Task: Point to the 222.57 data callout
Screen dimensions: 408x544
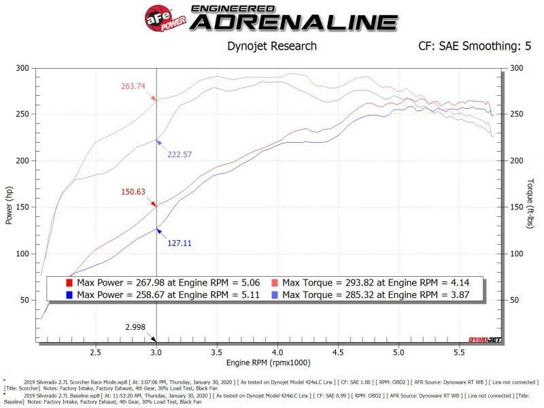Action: point(181,155)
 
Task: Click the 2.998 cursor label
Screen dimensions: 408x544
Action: point(136,327)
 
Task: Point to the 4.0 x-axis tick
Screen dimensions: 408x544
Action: point(277,353)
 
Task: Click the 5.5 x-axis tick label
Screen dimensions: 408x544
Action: point(459,353)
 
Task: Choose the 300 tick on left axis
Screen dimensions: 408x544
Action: point(25,68)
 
